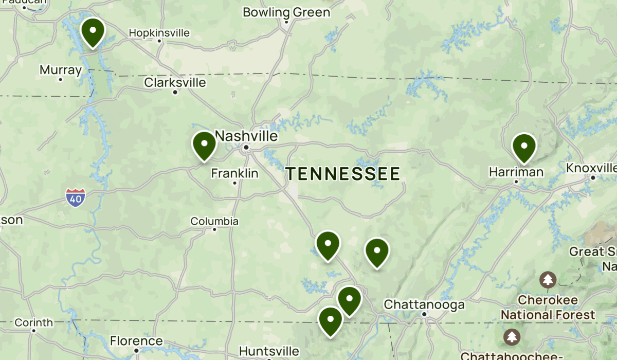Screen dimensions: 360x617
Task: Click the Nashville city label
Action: pyautogui.click(x=246, y=136)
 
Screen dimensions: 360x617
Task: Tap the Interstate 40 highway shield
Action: pyautogui.click(x=76, y=197)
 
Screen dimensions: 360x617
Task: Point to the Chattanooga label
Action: pyautogui.click(x=424, y=304)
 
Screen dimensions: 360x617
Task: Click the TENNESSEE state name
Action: pyautogui.click(x=343, y=174)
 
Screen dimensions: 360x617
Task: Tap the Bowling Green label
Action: pyautogui.click(x=286, y=12)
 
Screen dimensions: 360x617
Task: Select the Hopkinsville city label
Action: pyautogui.click(x=159, y=33)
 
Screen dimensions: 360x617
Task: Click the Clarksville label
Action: pyautogui.click(x=175, y=82)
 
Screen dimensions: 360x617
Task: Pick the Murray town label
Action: pyautogui.click(x=61, y=70)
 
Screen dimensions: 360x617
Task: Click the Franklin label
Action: pyautogui.click(x=234, y=173)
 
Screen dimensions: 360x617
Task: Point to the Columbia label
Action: pyautogui.click(x=214, y=221)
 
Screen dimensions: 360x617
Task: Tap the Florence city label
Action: pyautogui.click(x=136, y=341)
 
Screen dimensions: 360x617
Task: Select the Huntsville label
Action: pyautogui.click(x=269, y=351)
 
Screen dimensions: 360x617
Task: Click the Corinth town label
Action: pyautogui.click(x=33, y=322)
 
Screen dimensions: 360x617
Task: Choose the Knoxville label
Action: pyautogui.click(x=591, y=168)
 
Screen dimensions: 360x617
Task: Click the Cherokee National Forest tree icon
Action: pyautogui.click(x=548, y=280)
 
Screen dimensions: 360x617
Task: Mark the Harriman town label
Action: pyautogui.click(x=516, y=172)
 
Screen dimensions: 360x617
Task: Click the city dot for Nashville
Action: pyautogui.click(x=246, y=148)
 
